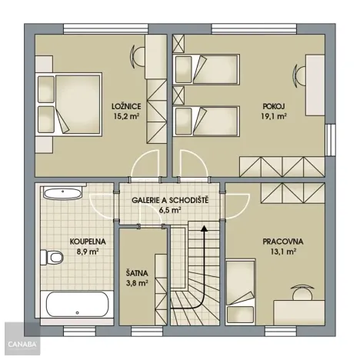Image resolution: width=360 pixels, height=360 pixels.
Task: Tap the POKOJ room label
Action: pyautogui.click(x=272, y=107)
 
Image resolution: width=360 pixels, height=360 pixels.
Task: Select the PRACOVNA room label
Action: pyautogui.click(x=283, y=241)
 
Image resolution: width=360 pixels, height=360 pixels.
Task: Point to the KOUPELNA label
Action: pyautogui.click(x=86, y=241)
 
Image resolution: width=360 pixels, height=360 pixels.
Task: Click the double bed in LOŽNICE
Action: pyautogui.click(x=70, y=105)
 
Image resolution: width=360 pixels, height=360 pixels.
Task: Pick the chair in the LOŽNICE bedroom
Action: pyautogui.click(x=138, y=55)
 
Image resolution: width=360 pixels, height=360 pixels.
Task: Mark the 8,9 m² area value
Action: pyautogui.click(x=86, y=251)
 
